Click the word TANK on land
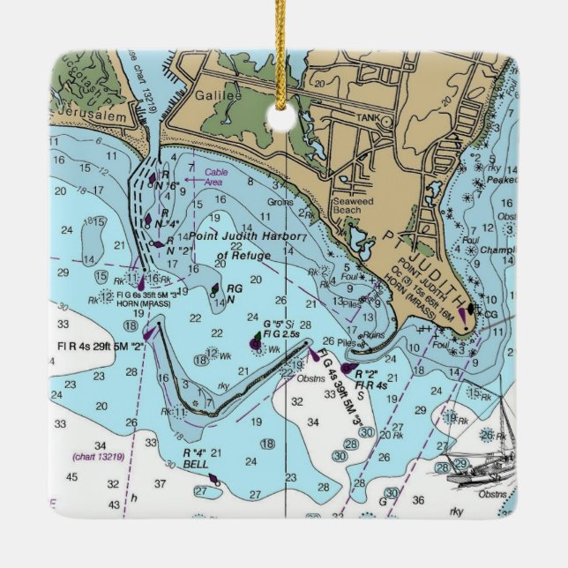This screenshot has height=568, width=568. point(366,116)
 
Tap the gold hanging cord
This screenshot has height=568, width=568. point(284,53)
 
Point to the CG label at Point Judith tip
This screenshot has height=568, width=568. point(491,312)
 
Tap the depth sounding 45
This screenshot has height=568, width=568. point(71,477)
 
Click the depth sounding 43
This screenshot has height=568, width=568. point(114,504)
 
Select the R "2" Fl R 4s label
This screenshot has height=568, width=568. point(370,379)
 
